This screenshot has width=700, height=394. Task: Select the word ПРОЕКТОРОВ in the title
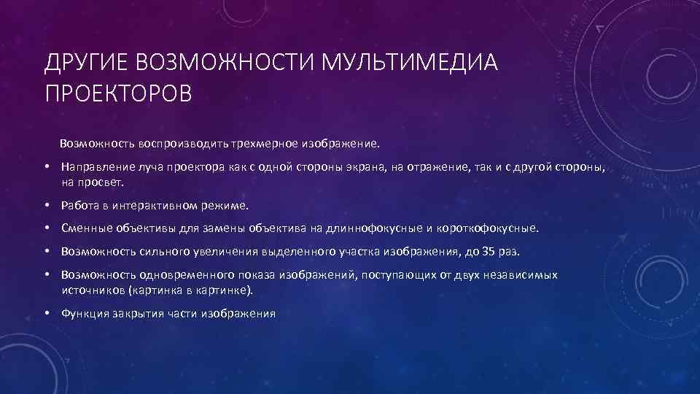[118, 94]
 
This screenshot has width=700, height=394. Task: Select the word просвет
[105, 182]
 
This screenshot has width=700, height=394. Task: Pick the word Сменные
[85, 229]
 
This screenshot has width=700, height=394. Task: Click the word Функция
[84, 314]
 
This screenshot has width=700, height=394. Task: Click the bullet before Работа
[47, 206]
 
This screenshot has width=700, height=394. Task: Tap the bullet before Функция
[47, 314]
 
